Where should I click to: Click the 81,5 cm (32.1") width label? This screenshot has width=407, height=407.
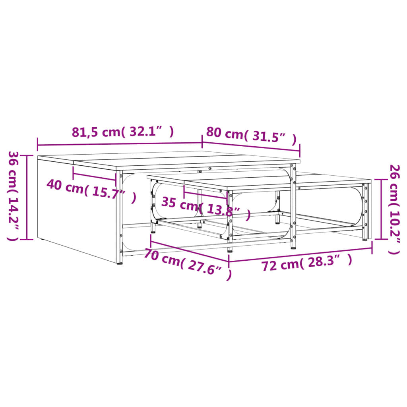tap(123, 132)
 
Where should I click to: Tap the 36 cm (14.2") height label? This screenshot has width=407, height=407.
tap(14, 196)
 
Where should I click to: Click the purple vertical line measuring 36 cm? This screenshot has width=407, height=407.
tap(27, 197)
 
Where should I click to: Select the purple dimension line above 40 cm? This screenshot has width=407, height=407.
tap(94, 177)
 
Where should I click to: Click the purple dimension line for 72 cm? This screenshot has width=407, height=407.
tap(300, 255)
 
